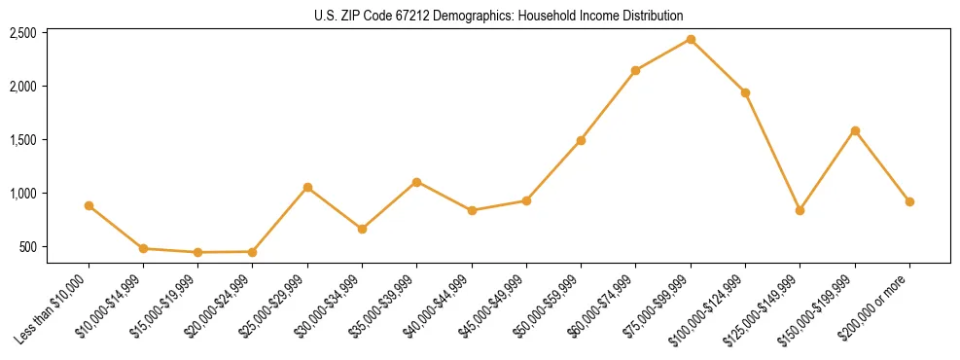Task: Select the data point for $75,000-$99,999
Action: tap(691, 39)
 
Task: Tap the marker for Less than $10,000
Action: tap(89, 205)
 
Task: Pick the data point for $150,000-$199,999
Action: tap(855, 130)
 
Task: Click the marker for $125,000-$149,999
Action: tap(800, 210)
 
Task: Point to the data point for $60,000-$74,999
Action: tap(635, 70)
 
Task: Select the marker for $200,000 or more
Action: tap(909, 201)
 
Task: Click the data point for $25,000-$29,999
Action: tap(307, 187)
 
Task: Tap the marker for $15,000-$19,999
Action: tap(197, 252)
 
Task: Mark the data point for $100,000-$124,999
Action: tap(745, 92)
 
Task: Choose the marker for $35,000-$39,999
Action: tap(416, 182)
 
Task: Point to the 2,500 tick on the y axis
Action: tap(22, 33)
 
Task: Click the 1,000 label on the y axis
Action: tap(22, 194)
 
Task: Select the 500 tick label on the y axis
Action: tap(27, 247)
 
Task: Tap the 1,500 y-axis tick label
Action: tap(22, 140)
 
